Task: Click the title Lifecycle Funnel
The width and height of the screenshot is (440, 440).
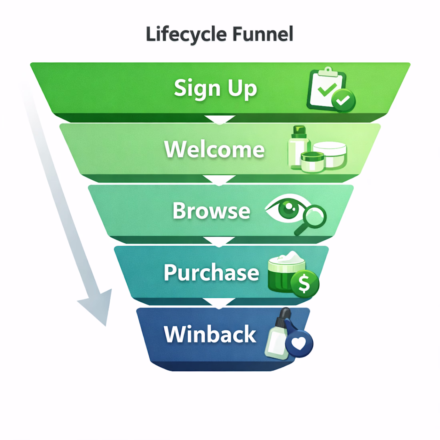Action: [220, 34]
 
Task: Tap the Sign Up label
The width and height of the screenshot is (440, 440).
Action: [215, 88]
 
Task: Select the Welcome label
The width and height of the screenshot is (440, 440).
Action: [214, 150]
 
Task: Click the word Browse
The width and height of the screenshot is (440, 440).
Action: [211, 211]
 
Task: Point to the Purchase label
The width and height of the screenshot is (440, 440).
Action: [211, 272]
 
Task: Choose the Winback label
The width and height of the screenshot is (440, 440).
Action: [210, 334]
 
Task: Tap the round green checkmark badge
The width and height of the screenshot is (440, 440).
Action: [343, 100]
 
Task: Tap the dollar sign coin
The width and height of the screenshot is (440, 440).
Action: [304, 284]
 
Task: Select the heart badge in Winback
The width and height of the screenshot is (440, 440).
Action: [299, 344]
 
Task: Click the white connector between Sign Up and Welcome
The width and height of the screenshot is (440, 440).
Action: [220, 119]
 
